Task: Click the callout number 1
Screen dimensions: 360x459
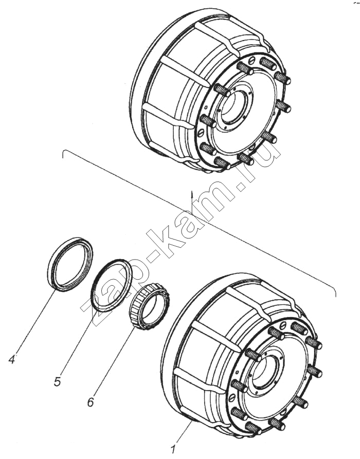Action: [x=173, y=449]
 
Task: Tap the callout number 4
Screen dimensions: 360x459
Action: [x=12, y=359]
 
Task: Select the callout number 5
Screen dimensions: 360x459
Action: [x=57, y=381]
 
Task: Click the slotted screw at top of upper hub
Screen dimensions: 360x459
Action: [x=251, y=61]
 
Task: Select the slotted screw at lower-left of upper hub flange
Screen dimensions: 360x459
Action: [x=201, y=133]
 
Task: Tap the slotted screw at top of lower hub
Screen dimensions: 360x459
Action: [x=283, y=325]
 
